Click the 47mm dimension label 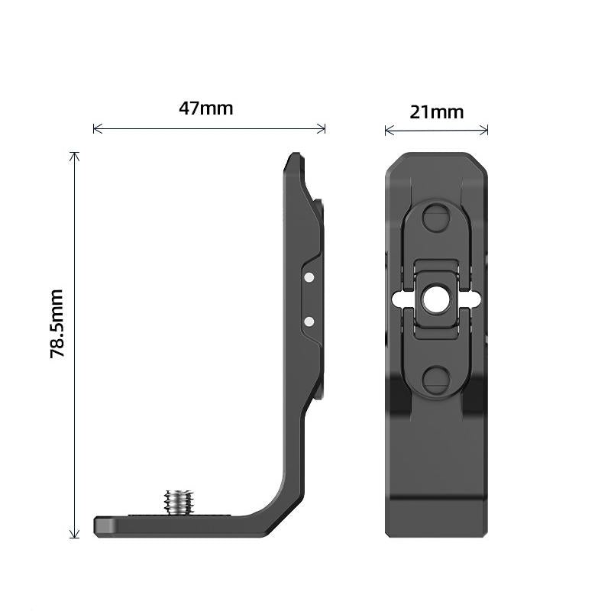(205, 108)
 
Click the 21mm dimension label (436, 112)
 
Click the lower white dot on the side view (309, 322)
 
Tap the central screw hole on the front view (436, 299)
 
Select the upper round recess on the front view (436, 218)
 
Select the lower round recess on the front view (436, 380)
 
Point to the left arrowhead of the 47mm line (95, 128)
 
